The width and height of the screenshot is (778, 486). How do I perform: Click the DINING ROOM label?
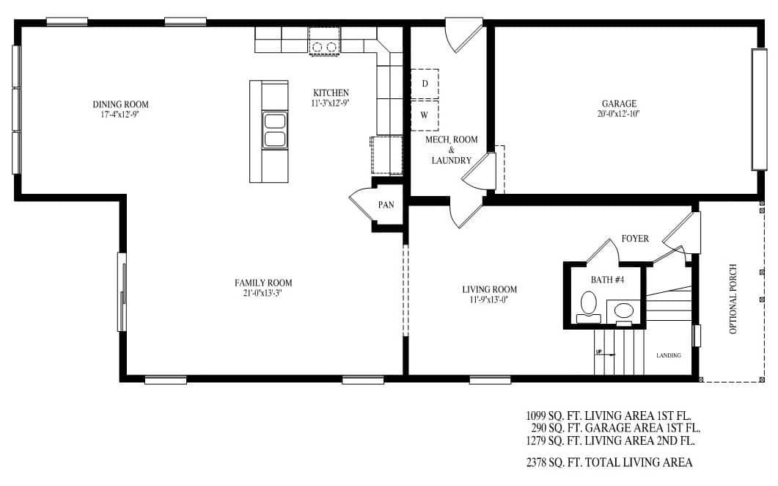(x=120, y=104)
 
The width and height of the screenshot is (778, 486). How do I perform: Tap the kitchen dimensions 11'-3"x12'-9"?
(x=331, y=104)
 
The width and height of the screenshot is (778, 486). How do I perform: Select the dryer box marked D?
(x=425, y=84)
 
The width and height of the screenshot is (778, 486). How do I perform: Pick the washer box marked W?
(x=425, y=115)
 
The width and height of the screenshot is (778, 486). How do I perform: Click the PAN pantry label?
(x=386, y=205)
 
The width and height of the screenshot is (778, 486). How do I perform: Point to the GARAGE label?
(x=619, y=104)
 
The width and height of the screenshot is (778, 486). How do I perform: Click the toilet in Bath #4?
(x=589, y=303)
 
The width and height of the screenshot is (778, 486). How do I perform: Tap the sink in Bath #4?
(x=624, y=310)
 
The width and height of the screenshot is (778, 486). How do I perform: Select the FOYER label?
(x=635, y=239)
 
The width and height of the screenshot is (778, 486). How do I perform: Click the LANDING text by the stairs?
(x=668, y=355)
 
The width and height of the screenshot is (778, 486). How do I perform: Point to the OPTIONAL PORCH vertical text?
(x=733, y=300)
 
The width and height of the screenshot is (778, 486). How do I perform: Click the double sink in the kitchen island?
(x=274, y=131)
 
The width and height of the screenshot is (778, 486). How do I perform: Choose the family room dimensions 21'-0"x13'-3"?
(x=263, y=293)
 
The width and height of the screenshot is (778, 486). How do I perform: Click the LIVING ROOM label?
(x=489, y=289)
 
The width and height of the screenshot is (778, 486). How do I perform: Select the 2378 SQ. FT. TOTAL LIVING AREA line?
(x=609, y=463)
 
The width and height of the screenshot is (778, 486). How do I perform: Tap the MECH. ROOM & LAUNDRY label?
(x=451, y=150)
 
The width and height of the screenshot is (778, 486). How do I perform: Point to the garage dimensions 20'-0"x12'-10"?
(x=619, y=114)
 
